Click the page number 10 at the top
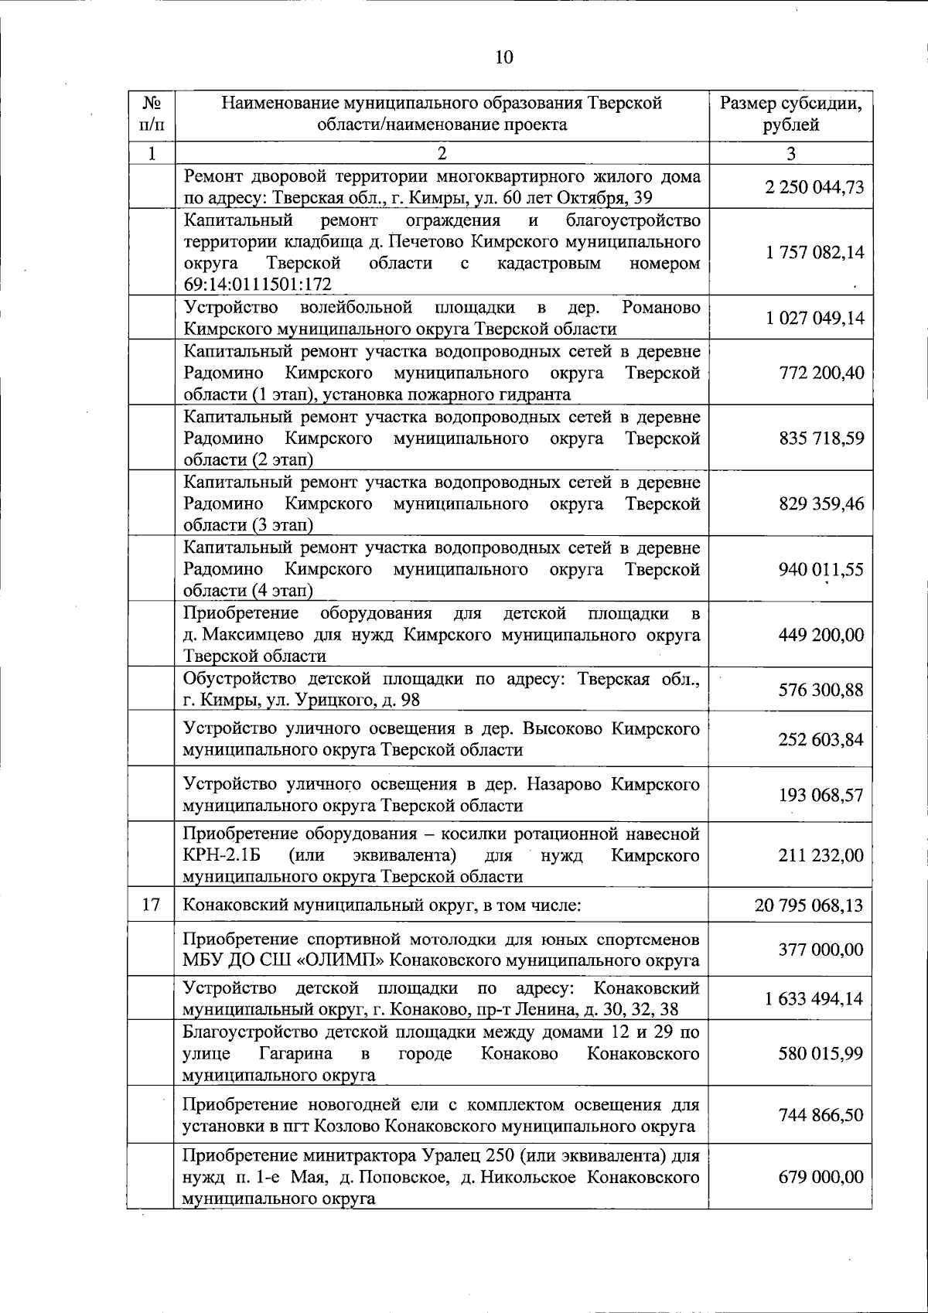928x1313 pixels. (503, 56)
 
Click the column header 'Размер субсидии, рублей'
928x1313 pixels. (790, 114)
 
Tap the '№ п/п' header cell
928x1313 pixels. (152, 114)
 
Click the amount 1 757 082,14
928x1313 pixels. (814, 253)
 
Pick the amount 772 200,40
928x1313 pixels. (820, 373)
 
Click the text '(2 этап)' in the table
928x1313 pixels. (281, 460)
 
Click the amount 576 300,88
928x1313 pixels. (820, 690)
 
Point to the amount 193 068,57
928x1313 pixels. (820, 795)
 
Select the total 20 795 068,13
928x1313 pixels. (808, 905)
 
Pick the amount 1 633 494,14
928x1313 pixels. (814, 998)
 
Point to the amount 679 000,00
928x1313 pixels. (820, 1178)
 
